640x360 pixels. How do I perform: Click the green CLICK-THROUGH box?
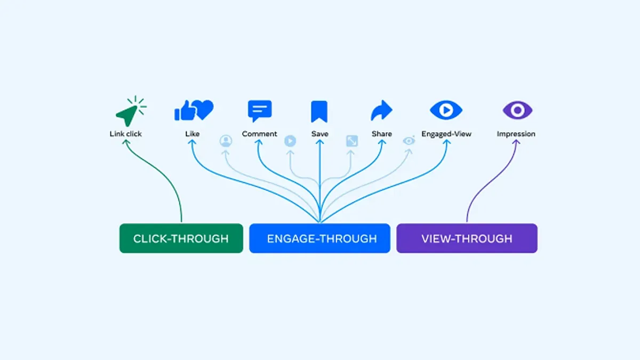point(181,238)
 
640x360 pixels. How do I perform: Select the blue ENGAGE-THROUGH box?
point(319,238)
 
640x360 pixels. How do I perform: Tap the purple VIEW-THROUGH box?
point(467,238)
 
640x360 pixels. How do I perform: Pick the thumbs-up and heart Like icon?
point(193,110)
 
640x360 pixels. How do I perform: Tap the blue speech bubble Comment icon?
point(260,111)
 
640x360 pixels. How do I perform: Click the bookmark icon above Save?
point(319,111)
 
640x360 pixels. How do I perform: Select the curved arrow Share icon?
point(381,111)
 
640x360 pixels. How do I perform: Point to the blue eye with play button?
point(446,110)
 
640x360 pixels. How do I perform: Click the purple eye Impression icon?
point(517,110)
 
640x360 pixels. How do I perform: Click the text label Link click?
point(126,134)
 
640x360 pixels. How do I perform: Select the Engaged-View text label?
point(446,134)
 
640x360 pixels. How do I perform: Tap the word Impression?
point(516,134)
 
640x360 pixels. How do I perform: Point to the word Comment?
point(260,134)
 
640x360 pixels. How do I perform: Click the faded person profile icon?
point(226,141)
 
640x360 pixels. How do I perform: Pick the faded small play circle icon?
point(290,141)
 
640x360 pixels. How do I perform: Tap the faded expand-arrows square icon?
point(351,141)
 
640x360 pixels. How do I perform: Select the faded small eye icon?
point(409,141)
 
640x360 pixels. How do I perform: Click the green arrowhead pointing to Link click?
point(126,143)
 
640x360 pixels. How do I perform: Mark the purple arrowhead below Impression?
point(515,143)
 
